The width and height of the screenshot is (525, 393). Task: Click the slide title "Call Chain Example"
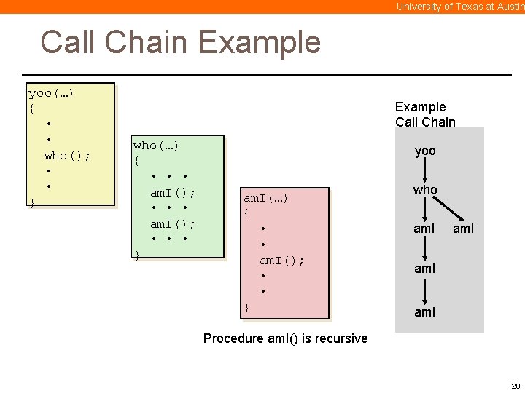180,42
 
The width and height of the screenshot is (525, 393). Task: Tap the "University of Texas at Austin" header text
460,7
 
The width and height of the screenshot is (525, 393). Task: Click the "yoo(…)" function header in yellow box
51,93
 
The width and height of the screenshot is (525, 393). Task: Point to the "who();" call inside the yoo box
67,155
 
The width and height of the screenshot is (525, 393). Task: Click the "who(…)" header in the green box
155,146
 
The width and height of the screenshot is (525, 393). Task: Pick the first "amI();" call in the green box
173,192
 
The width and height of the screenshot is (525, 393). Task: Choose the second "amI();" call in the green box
173,223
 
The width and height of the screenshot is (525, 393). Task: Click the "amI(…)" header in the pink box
265,198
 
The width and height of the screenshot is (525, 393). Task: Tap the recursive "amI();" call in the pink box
282,260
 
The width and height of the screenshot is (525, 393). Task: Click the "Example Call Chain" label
425,114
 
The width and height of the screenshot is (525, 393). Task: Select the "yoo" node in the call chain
425,151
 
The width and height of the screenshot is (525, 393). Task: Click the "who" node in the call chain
425,190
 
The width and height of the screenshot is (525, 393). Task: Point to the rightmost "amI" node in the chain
464,229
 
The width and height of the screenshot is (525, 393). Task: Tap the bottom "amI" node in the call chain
424,311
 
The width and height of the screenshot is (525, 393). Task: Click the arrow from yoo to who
425,170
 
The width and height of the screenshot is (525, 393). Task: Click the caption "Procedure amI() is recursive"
285,338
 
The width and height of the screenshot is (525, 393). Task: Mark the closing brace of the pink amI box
246,307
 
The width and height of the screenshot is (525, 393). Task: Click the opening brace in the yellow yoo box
31,108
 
